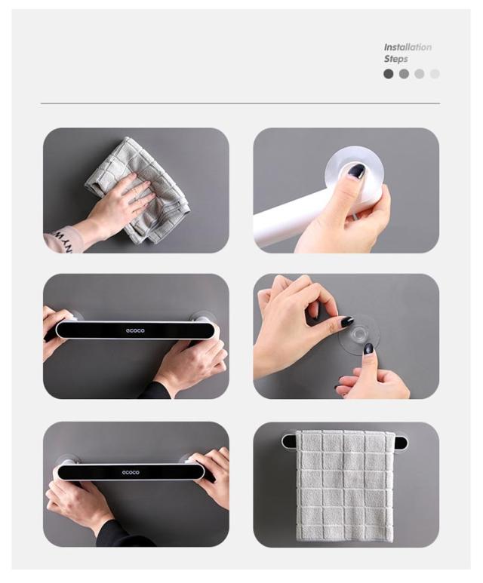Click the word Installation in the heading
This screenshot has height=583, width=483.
coord(408,48)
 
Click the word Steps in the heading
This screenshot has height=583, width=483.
coord(396,59)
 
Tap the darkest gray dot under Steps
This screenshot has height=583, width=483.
coord(389,74)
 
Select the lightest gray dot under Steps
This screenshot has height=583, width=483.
coord(435,74)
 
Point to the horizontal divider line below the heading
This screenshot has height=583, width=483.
coord(241,103)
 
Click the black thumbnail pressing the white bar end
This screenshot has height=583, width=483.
coord(356,171)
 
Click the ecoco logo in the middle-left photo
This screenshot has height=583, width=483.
coord(135,330)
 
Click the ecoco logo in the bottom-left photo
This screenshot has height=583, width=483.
coord(131,472)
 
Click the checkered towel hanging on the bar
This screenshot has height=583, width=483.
coord(345,485)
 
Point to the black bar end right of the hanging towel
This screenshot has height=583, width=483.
coord(399,443)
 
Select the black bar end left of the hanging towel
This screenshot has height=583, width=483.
coord(289,441)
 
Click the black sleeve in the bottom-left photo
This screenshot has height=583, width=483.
coord(119,535)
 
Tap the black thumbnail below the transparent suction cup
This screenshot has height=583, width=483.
coord(368,348)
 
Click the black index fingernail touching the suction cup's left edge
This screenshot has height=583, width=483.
coord(346,321)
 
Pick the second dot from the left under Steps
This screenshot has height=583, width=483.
coord(404,74)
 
